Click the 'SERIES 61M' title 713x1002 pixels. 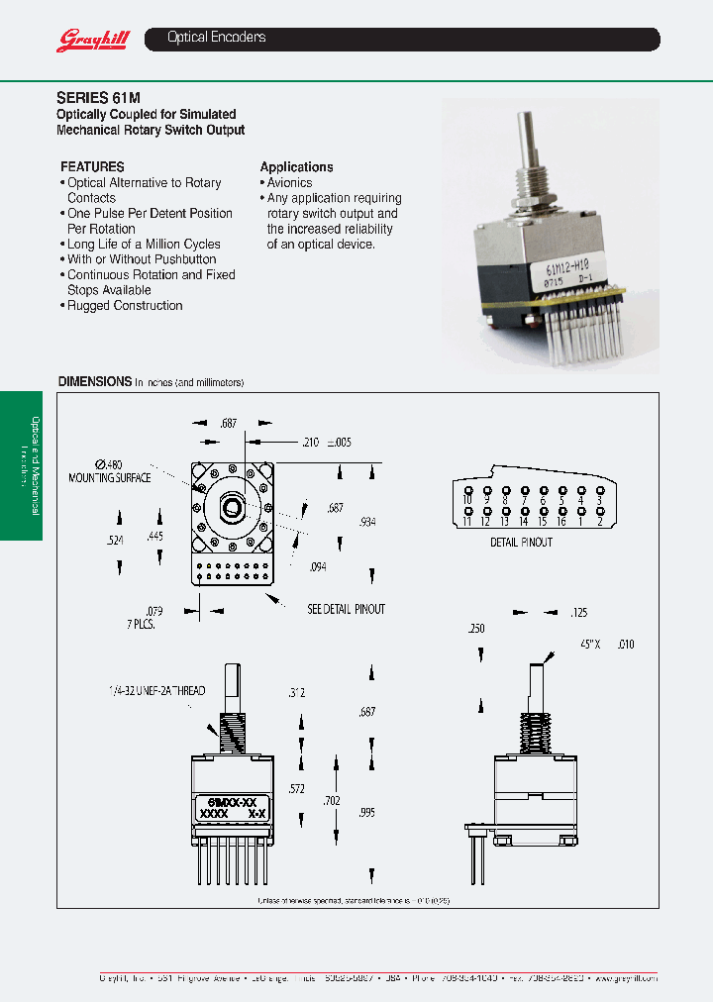click(98, 98)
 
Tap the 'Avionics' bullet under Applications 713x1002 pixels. click(289, 183)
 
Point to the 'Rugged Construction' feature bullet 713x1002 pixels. click(125, 306)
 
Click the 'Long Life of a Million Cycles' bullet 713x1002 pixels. click(144, 245)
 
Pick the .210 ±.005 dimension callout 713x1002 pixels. click(327, 443)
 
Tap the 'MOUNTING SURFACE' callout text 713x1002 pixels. click(109, 477)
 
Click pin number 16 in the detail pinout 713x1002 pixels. click(561, 521)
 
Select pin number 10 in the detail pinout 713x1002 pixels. click(467, 500)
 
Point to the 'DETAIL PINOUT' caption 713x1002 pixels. click(521, 543)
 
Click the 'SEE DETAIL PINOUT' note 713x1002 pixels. click(346, 609)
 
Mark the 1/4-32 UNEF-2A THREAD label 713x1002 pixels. click(157, 690)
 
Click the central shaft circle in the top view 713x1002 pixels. click(232, 509)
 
